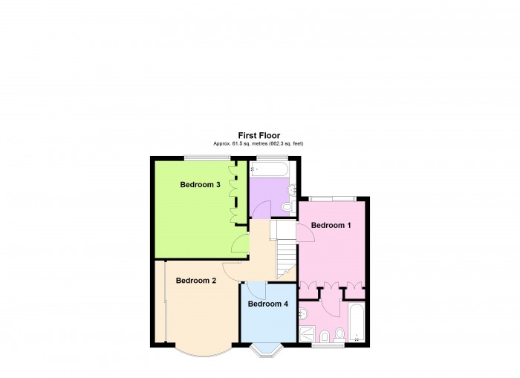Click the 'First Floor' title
point(259,135)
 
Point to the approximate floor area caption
point(259,143)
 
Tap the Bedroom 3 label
point(200,184)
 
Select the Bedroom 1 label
point(331,225)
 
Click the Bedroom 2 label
point(196,281)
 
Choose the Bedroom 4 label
point(268,304)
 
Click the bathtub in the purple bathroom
point(269,169)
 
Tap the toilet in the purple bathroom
point(287,207)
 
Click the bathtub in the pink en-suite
point(357,322)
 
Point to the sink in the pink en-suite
point(303,313)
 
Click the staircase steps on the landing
point(286,259)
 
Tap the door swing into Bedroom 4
point(256,290)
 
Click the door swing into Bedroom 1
point(306,232)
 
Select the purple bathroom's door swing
point(261,209)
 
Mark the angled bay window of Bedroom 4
point(266,350)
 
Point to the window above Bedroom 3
point(207,158)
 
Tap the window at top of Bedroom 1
point(333,198)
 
